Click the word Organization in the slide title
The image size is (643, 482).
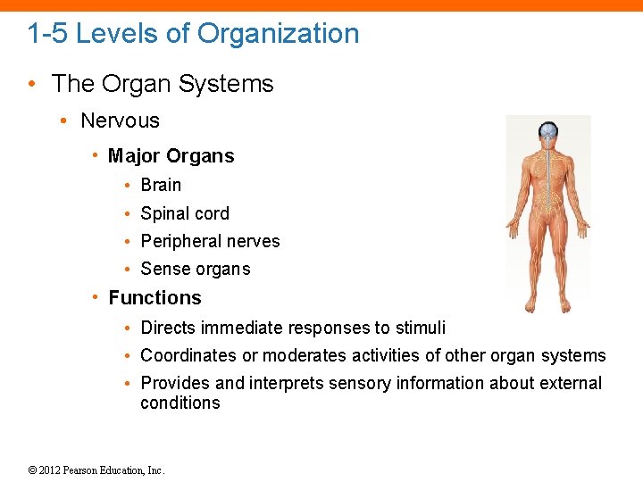coord(278,34)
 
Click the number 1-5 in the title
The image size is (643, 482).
coord(47,34)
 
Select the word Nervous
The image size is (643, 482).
coord(120,120)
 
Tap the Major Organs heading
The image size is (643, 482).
coord(171,156)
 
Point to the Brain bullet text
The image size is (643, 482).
coord(161,185)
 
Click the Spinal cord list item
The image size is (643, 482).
coord(185,213)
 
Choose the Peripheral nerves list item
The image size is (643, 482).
coord(210,241)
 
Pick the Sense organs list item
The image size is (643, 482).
coord(196,269)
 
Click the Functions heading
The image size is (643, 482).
coord(154,297)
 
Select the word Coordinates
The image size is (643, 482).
coord(189,355)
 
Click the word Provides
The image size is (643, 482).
coord(176,383)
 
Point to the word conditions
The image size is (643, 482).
coord(180,403)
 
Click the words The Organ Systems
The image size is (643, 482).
coord(163,84)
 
